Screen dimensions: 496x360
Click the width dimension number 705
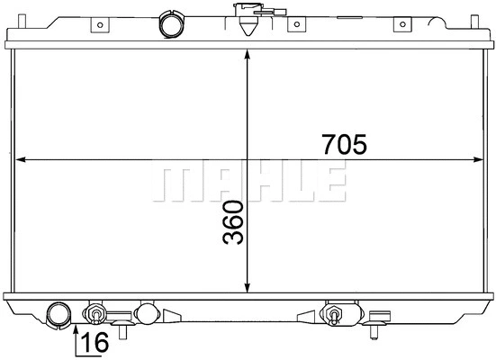[344, 144]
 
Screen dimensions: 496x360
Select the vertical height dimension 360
[233, 222]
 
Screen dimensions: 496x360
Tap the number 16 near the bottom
[95, 342]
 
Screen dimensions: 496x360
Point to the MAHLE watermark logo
[249, 181]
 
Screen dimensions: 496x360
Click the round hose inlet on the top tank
[172, 24]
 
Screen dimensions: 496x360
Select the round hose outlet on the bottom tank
[59, 315]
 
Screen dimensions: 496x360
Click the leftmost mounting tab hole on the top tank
[100, 24]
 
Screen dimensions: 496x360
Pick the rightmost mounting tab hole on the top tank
[402, 24]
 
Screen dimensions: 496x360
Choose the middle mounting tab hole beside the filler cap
[297, 24]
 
